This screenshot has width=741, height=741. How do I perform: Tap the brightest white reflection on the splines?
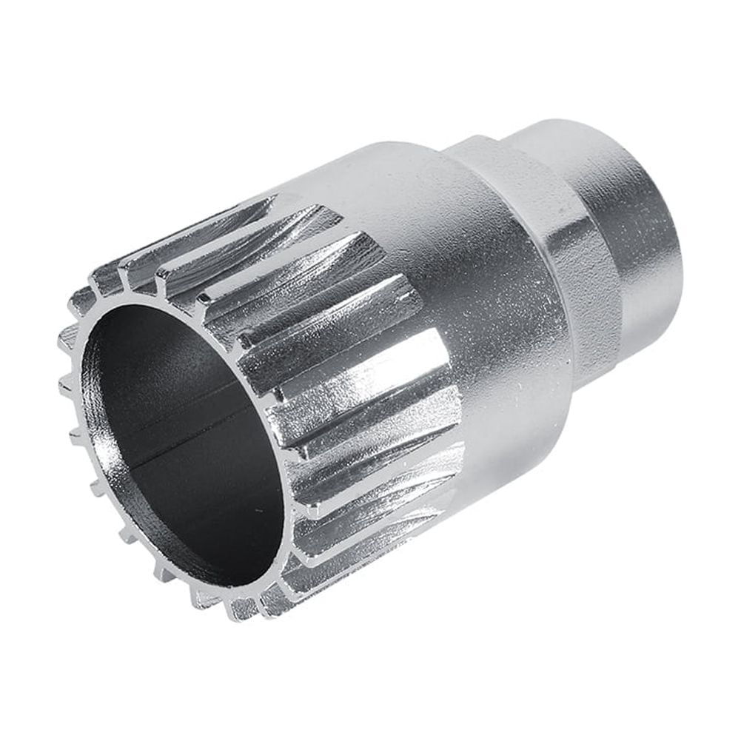(x=385, y=370)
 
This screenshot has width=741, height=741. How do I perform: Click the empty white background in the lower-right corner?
(x=666, y=666)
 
